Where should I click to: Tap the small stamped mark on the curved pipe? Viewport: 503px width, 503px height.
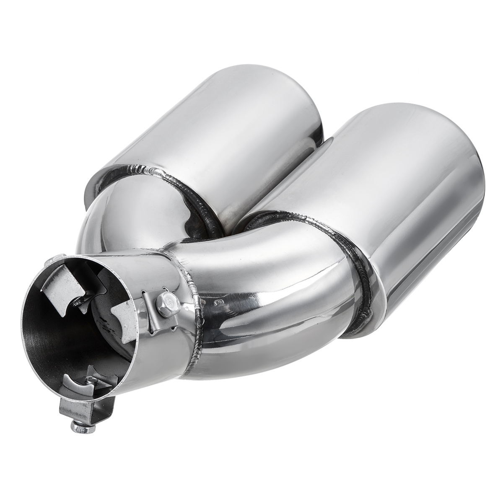click(x=218, y=301)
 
